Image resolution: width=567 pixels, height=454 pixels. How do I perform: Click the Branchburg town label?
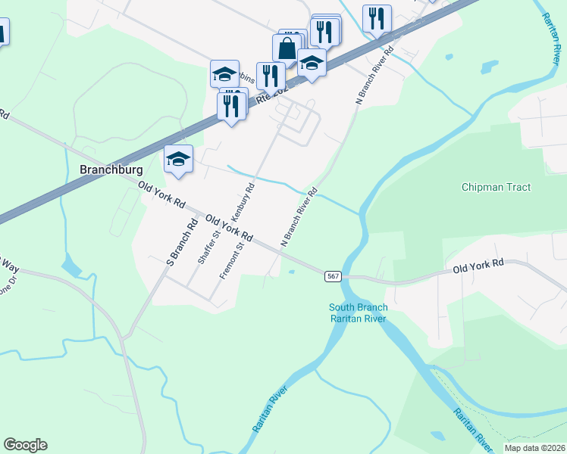(111, 170)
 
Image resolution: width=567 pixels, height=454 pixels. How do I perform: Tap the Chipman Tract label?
(496, 187)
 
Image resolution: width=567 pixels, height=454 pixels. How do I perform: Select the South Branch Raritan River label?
(358, 313)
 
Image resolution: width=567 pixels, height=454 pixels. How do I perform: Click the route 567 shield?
(333, 276)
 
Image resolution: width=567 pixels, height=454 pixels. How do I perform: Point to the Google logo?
(25, 445)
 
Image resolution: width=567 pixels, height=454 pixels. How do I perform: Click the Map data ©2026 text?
(534, 448)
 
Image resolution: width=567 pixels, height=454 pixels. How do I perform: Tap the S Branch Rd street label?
(181, 242)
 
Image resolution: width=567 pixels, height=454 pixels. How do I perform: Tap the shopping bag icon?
(288, 49)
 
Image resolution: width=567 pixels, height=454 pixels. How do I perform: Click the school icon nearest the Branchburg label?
(178, 159)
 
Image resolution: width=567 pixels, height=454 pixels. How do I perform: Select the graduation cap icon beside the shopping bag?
(311, 63)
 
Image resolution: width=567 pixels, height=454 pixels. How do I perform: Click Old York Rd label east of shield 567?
(478, 266)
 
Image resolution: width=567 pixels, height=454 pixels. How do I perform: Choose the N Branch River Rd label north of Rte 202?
(377, 76)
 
